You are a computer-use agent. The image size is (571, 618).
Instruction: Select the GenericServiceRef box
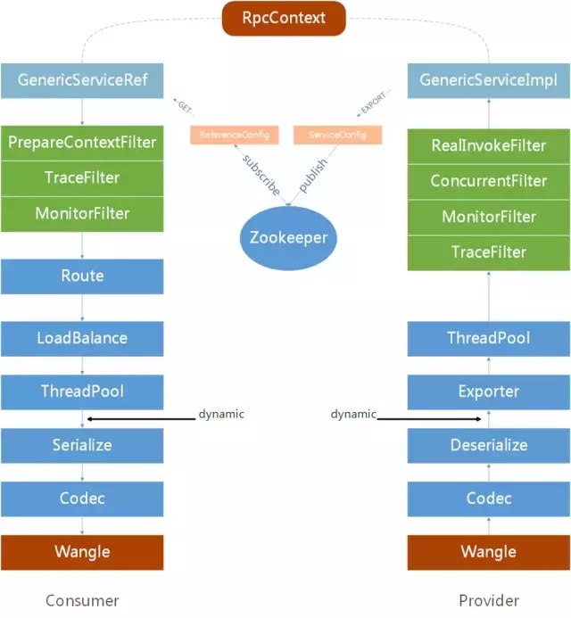[82, 80]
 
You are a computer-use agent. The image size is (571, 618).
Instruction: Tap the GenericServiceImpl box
[488, 80]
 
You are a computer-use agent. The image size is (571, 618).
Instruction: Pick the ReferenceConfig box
[234, 135]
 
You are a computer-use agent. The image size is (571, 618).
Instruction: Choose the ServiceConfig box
[337, 135]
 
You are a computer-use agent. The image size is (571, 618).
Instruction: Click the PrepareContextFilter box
[82, 142]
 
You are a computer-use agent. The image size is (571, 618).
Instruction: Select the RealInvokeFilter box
[488, 145]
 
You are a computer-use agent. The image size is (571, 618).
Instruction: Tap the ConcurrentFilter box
[488, 181]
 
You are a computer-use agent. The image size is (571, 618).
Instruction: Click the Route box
[82, 276]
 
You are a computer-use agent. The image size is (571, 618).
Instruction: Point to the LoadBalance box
[82, 338]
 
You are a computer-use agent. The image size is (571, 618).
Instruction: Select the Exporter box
[488, 391]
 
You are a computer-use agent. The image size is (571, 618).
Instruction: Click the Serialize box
[82, 445]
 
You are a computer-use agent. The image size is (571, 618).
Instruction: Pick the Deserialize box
[488, 445]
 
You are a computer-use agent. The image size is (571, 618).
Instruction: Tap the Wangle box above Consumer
[82, 552]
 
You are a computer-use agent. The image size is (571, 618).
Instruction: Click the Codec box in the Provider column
[488, 499]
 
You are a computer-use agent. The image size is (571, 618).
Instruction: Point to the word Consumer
[82, 600]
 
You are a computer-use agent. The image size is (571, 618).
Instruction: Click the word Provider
[488, 600]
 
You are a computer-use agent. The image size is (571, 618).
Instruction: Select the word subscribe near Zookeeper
[261, 174]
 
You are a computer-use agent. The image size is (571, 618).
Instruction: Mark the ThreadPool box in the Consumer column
[82, 391]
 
